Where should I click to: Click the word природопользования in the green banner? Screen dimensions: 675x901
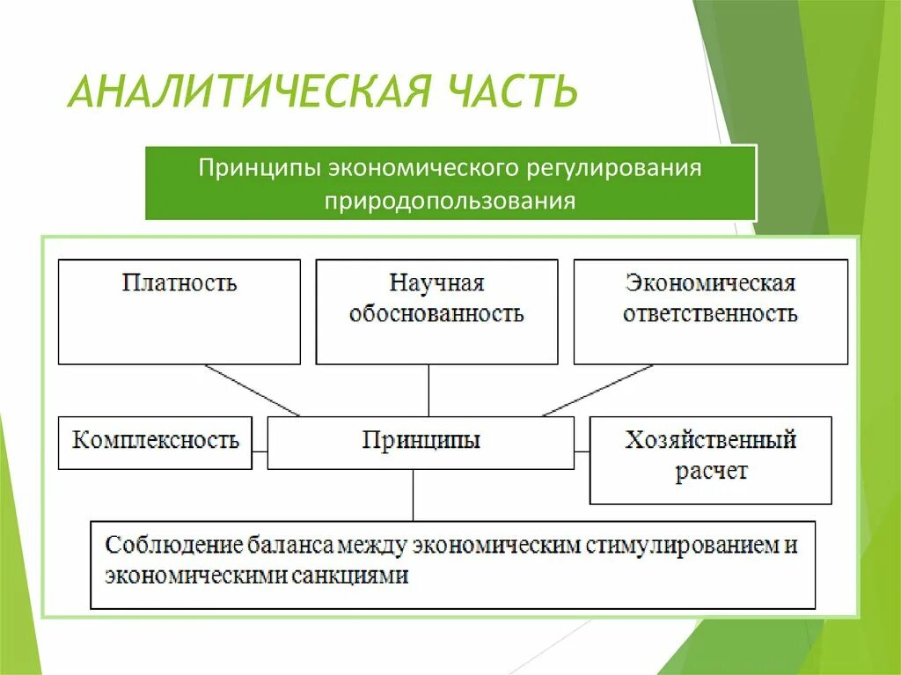point(450,201)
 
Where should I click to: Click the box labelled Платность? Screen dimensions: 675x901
point(179,312)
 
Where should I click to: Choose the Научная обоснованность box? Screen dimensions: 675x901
point(436,312)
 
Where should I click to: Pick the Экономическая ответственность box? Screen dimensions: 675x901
point(710,312)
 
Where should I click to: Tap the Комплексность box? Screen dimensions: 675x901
point(155,442)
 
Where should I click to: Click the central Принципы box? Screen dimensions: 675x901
point(421,443)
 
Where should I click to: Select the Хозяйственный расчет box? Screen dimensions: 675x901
point(710,459)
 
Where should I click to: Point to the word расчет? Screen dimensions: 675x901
point(711,472)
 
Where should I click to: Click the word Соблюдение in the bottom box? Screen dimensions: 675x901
point(162,546)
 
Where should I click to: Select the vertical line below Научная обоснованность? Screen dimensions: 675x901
point(429,390)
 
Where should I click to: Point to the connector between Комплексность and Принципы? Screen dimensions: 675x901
point(260,451)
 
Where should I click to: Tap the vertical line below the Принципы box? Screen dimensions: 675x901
point(413,495)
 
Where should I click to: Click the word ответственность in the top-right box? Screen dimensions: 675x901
point(710,314)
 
